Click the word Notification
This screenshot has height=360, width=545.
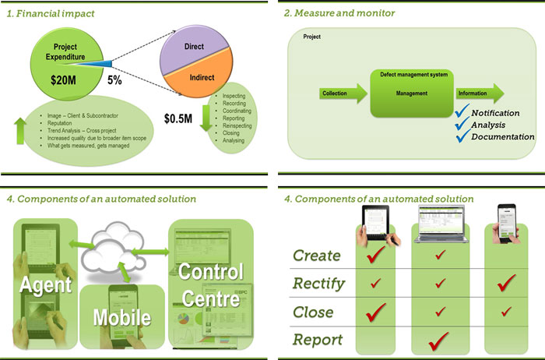[x=495, y=113]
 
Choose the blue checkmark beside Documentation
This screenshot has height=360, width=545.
[x=462, y=137]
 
